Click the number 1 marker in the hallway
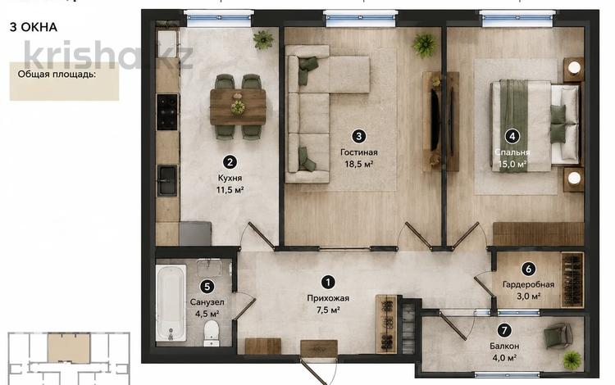tap(328, 282)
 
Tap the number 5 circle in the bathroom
tap(207, 287)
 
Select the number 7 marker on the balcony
tap(504, 331)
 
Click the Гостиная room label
tap(359, 152)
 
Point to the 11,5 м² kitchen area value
tap(230, 190)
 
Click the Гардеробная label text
tap(528, 285)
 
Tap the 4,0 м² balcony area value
tap(504, 358)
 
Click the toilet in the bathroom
tap(212, 333)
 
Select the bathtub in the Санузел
tap(171, 304)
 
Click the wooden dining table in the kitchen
tap(238, 107)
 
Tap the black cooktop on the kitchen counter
tap(167, 112)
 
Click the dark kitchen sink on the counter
tap(167, 180)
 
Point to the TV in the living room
tap(435, 120)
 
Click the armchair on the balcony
tap(558, 336)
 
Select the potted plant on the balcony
tap(572, 360)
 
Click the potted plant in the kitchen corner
tap(263, 39)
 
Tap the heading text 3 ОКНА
tap(34, 27)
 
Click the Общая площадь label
tap(57, 74)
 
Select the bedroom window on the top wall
tap(517, 18)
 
